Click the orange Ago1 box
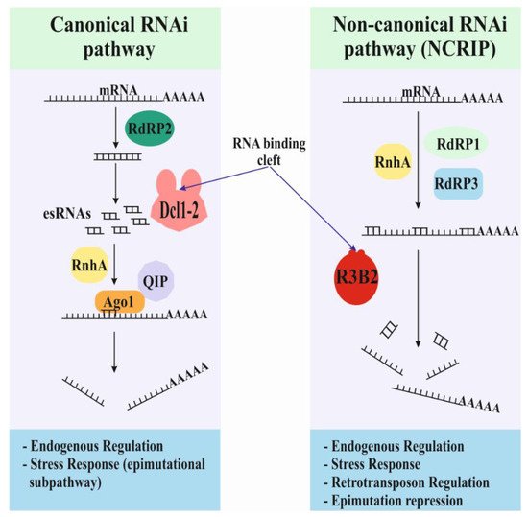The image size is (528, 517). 119,301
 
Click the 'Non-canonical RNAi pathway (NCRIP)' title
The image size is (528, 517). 414,42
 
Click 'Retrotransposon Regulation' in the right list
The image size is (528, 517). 408,482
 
